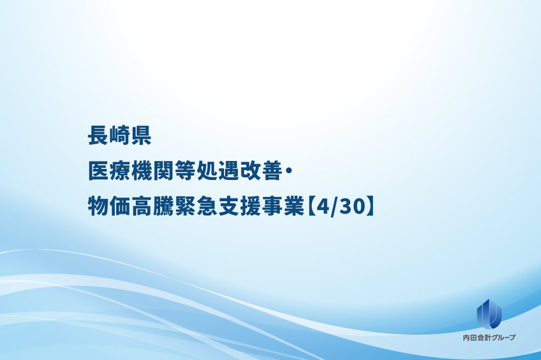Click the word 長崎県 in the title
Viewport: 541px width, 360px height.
(x=120, y=135)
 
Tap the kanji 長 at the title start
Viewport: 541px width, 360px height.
(x=98, y=135)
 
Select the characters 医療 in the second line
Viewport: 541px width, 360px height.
(x=109, y=170)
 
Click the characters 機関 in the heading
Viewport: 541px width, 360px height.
(x=152, y=170)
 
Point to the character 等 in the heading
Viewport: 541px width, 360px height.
(x=184, y=170)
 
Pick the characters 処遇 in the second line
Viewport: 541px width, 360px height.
(x=217, y=170)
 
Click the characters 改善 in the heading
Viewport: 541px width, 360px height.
(x=260, y=170)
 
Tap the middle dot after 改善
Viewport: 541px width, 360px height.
(x=288, y=170)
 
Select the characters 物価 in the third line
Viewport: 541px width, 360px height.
(x=109, y=206)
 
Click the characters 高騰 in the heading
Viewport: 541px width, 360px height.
(x=152, y=206)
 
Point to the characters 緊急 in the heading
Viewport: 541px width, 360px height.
(x=195, y=206)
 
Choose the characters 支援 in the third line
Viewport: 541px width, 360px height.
(x=239, y=206)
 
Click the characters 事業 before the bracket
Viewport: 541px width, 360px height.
(x=282, y=206)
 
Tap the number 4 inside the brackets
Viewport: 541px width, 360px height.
(x=322, y=206)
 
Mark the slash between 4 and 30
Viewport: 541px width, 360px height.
(x=334, y=207)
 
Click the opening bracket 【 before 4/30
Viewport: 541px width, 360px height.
(x=310, y=206)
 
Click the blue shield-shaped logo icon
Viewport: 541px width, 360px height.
(x=489, y=314)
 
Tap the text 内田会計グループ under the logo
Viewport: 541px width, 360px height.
(x=489, y=338)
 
